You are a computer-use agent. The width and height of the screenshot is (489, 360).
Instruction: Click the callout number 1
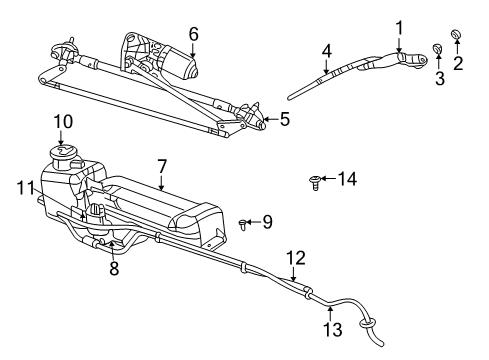point(399,27)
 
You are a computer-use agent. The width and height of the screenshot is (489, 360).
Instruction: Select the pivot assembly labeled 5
point(255,119)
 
